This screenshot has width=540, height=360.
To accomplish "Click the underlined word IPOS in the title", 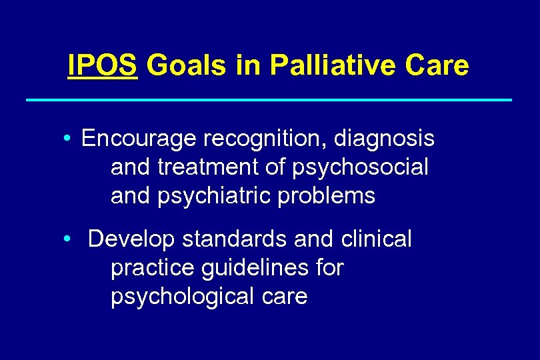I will click(x=103, y=66).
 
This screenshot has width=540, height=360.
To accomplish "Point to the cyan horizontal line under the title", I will click(x=269, y=100).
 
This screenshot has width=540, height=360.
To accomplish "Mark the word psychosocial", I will click(x=360, y=168).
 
